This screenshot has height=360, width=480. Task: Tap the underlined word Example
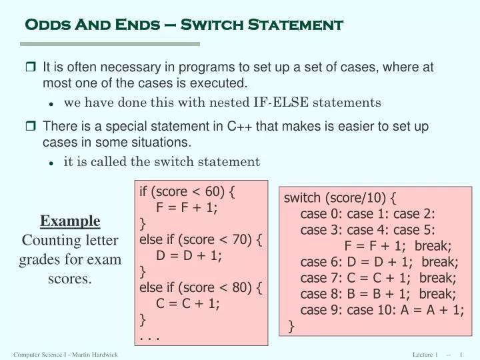(70, 221)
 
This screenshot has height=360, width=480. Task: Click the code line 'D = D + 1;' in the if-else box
(189, 255)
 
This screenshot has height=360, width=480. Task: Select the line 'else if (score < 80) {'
(200, 287)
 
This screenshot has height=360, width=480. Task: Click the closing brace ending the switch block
(292, 325)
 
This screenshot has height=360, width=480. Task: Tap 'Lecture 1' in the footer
(425, 354)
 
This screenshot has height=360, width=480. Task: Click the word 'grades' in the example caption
(37, 259)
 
